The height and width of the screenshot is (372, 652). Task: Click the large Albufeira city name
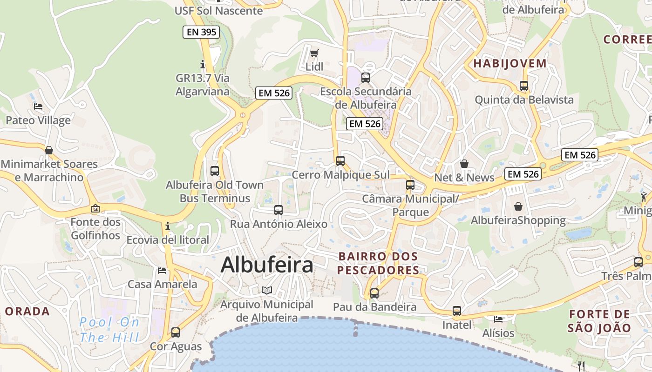coord(267,265)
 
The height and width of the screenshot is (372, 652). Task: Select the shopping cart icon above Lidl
coord(314,53)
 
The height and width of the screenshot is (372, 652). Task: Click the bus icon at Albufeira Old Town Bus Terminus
coord(215,171)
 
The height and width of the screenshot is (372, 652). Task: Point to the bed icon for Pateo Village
coord(38,106)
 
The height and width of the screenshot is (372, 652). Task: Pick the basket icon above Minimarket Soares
coord(49,150)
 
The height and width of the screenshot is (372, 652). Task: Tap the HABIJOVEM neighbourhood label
coord(510,64)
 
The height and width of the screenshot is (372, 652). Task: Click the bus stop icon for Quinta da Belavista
coord(524,86)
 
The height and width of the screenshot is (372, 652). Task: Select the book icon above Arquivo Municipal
coord(267,291)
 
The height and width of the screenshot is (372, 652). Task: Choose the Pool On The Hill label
coord(109,329)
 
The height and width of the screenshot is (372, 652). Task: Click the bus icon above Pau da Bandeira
coord(374,293)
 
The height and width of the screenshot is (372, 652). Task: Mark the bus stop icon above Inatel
coord(457,311)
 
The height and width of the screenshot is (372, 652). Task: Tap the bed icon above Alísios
coord(498,319)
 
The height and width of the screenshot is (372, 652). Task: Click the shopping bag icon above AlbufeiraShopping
coord(518,206)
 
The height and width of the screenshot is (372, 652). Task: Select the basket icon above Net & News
coord(464,164)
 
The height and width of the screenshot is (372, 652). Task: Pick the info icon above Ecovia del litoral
coord(168,226)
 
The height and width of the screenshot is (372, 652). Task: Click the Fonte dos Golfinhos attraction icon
coord(95,208)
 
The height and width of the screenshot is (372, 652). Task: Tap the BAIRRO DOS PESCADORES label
coord(378,263)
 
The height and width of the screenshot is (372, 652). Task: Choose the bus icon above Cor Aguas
coord(176,332)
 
